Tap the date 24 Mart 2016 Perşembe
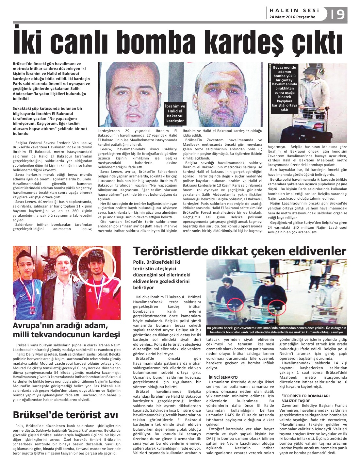(x=292, y=17)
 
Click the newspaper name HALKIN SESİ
(x=294, y=10)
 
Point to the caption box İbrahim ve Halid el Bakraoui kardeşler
(x=175, y=113)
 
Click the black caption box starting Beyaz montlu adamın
(x=285, y=89)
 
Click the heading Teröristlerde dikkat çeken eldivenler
(x=239, y=251)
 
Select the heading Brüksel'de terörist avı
(x=65, y=415)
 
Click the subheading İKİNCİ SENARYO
(x=223, y=377)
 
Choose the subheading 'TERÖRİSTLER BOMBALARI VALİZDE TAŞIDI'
(x=306, y=398)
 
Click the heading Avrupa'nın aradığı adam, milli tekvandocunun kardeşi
(x=67, y=330)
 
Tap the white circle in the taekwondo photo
(x=97, y=267)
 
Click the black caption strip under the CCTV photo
(x=276, y=330)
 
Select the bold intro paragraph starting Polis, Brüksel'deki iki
(x=162, y=275)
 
